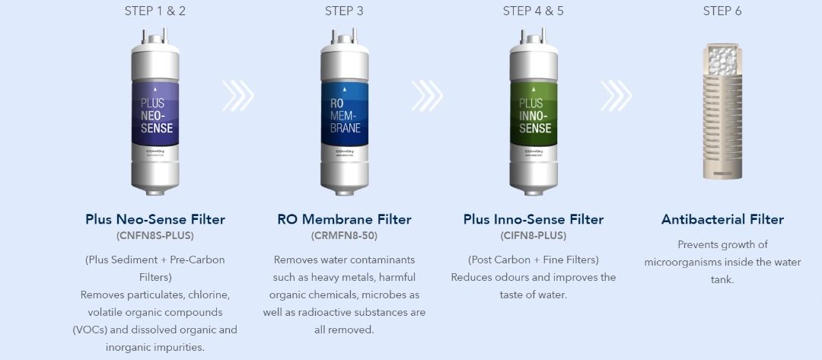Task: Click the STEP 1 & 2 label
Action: pos(155,11)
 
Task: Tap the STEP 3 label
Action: pos(344,11)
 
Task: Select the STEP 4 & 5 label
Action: pos(533,11)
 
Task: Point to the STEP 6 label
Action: pos(722,11)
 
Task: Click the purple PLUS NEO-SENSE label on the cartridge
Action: pos(155,113)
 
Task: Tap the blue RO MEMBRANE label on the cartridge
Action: pos(345,113)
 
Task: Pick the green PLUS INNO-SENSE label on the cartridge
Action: pos(534,113)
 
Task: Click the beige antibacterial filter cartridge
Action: pos(722,111)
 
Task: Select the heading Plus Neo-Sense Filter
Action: pos(155,219)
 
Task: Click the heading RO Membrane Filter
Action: pos(345,219)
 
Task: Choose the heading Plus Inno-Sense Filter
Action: pos(534,219)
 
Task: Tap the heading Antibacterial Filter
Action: pos(722,219)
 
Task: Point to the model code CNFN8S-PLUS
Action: pos(155,236)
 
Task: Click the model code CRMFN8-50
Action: pos(345,236)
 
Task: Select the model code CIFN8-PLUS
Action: pos(534,236)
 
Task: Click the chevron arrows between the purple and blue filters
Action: pos(237,95)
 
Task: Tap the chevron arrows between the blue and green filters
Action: pos(427,95)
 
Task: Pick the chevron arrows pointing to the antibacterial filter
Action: pos(616,95)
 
